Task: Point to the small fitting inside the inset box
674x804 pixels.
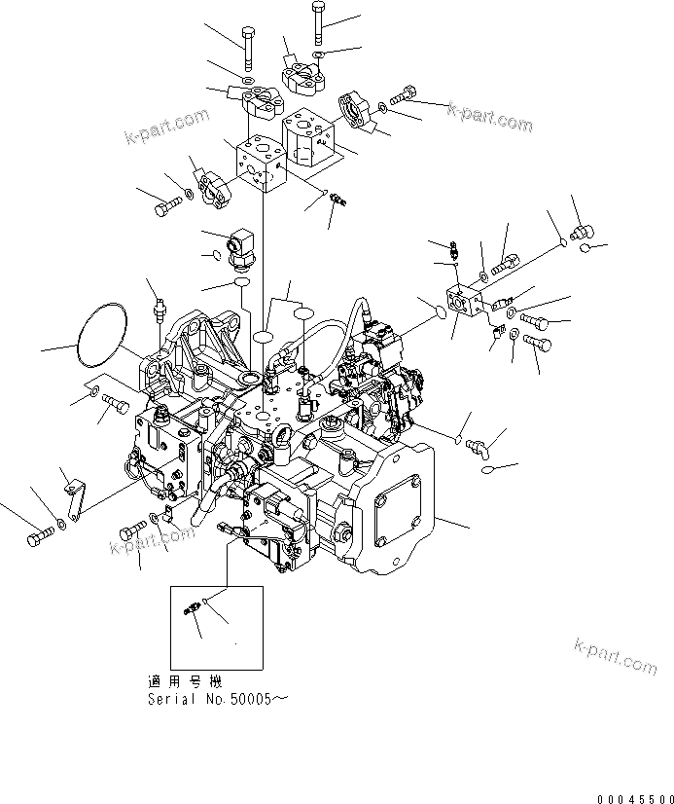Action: [192, 609]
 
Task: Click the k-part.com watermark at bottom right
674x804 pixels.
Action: [616, 656]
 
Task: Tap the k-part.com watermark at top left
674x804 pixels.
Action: [167, 126]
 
